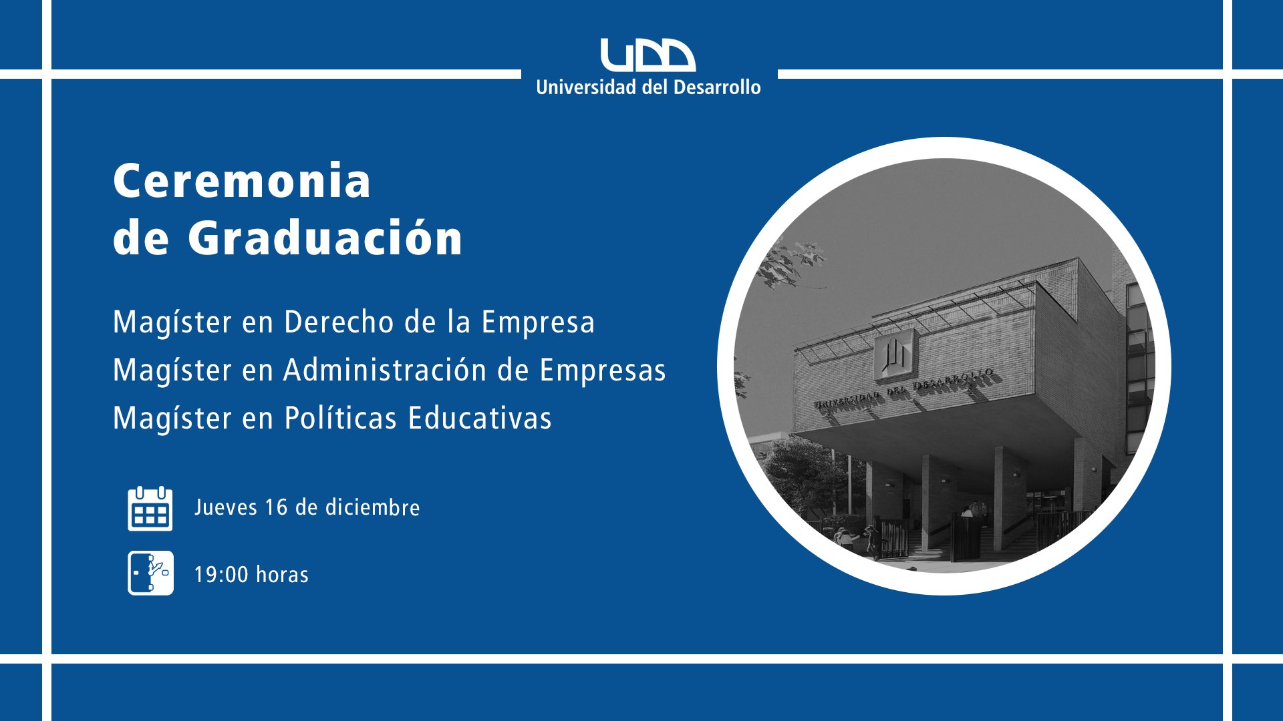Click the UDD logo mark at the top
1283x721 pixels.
648,55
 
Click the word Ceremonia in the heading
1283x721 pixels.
242,181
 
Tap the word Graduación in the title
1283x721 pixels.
325,238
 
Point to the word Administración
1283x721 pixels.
385,370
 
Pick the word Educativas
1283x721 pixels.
480,418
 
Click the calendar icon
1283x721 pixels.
150,508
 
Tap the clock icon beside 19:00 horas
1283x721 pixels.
150,573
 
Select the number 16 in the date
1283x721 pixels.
276,507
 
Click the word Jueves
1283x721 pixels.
226,508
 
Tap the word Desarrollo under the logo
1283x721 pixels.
717,87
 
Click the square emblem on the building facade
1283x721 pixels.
895,354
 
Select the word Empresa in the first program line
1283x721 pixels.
538,322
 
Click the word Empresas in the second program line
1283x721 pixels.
603,371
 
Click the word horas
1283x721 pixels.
282,575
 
